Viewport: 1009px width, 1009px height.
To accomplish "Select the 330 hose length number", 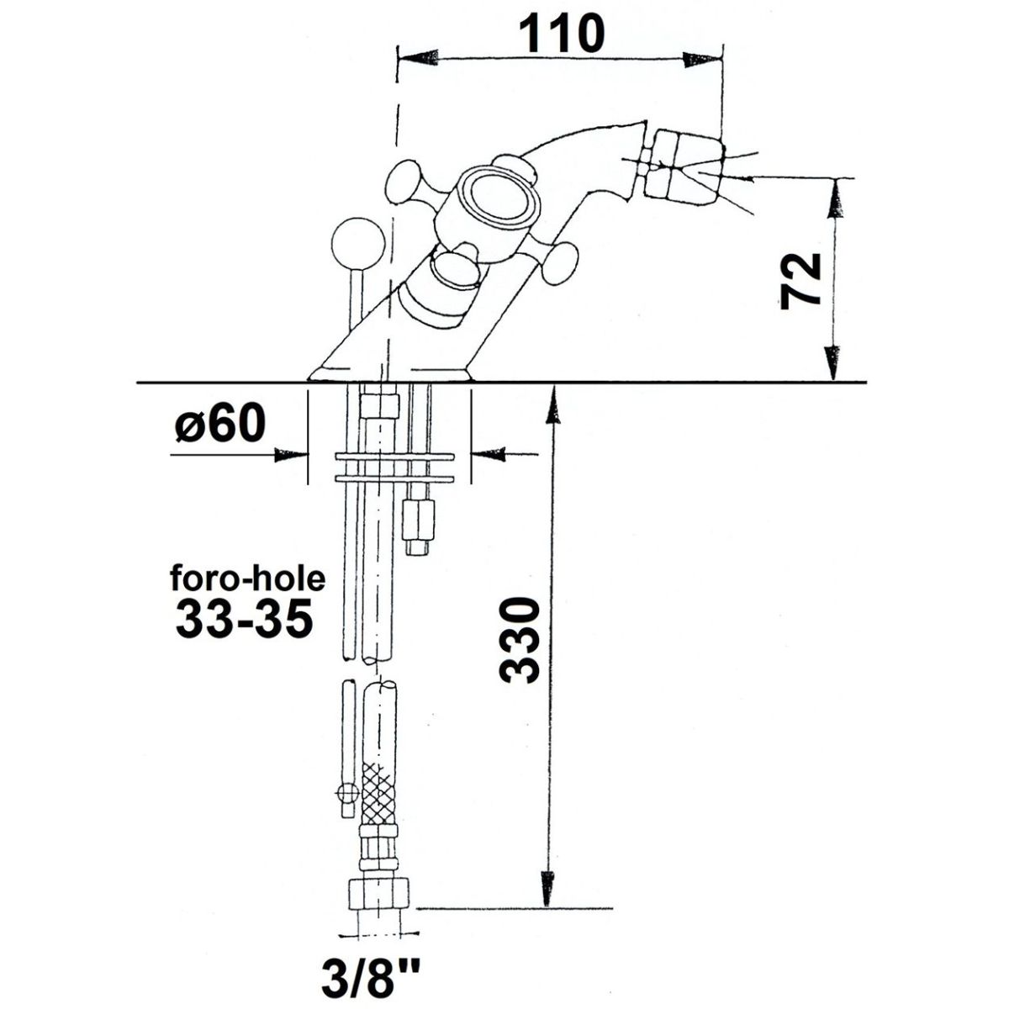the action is point(520,641).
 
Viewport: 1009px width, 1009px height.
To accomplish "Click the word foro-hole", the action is point(248,579).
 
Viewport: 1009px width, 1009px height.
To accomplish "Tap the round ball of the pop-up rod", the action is point(358,242).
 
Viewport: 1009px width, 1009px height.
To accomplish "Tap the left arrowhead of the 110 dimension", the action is point(418,58).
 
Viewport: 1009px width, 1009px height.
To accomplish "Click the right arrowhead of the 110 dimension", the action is point(702,59).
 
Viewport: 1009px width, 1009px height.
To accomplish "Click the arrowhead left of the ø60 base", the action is point(291,455).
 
